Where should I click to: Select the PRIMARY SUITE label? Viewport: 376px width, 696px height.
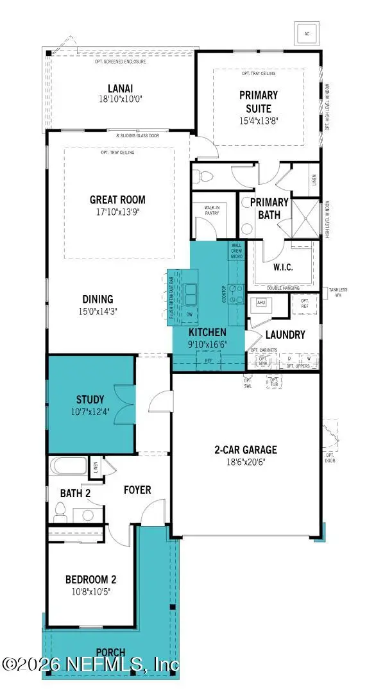click(x=255, y=102)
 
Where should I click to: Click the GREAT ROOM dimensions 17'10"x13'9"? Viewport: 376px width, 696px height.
click(x=117, y=212)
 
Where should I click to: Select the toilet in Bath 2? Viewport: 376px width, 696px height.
click(x=61, y=510)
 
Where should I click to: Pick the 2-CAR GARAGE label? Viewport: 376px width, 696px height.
click(x=246, y=449)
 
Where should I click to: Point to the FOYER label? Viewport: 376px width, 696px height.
click(x=137, y=490)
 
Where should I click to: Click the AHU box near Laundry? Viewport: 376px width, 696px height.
click(x=261, y=302)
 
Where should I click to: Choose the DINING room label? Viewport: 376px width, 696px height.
click(x=98, y=299)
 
